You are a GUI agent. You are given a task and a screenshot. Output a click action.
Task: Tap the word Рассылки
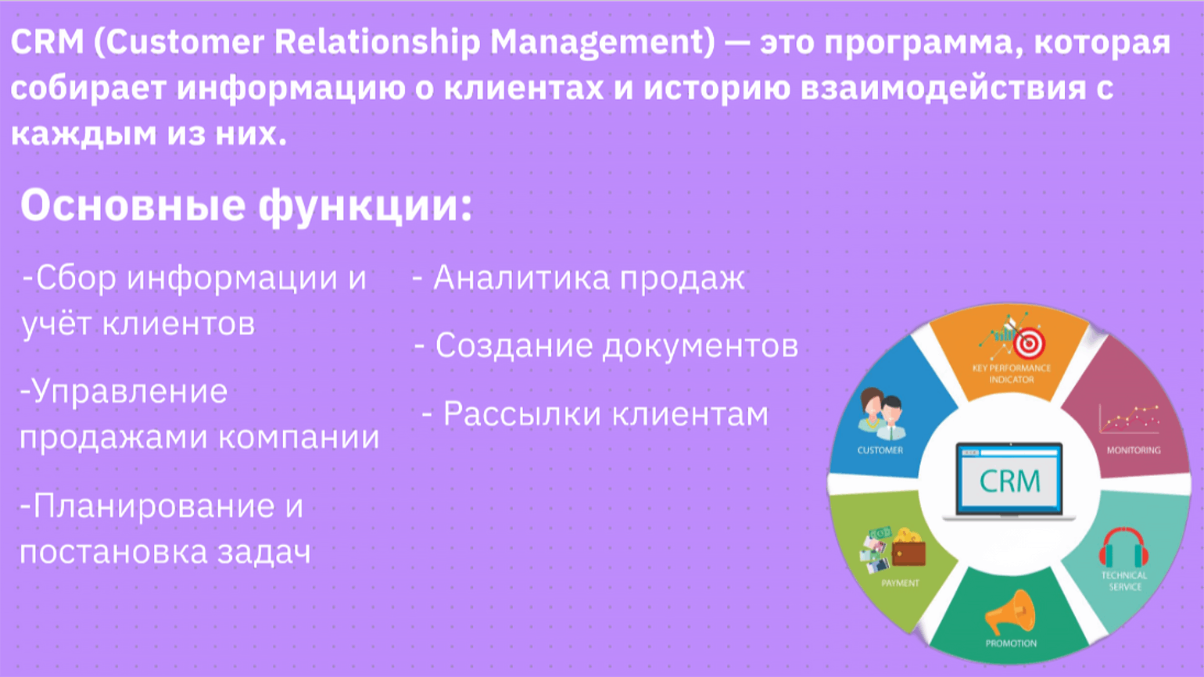(x=521, y=415)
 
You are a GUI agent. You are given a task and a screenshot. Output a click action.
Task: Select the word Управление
(x=130, y=392)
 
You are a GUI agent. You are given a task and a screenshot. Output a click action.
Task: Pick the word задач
(x=264, y=553)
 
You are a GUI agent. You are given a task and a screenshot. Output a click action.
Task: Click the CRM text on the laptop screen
(x=1010, y=482)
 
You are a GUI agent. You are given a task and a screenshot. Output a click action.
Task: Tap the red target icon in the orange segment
(x=1028, y=342)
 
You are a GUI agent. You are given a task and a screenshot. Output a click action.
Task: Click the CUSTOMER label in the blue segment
(x=880, y=450)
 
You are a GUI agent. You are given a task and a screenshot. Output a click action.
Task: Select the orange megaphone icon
(x=1009, y=612)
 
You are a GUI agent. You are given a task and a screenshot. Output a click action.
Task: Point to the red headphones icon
(x=1124, y=548)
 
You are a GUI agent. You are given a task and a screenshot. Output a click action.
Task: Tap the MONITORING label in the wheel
(x=1134, y=450)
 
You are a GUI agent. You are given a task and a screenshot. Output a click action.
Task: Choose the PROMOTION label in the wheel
(x=1011, y=643)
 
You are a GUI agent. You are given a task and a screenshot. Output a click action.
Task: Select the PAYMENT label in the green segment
(x=901, y=583)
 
